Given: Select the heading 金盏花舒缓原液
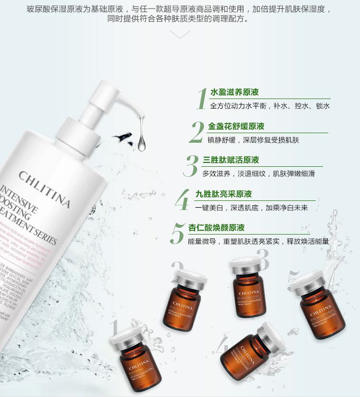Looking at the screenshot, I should (236, 126).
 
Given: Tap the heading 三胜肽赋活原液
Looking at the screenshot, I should (231, 160).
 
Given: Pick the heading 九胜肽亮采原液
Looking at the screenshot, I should (223, 194).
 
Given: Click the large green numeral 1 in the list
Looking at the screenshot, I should (201, 99).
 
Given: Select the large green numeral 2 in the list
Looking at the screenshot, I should (197, 133).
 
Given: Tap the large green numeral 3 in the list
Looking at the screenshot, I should (191, 166).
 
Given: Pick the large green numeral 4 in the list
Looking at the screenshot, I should (182, 200).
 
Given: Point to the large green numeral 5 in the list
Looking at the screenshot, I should (177, 234).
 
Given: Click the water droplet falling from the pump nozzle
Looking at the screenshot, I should (141, 142).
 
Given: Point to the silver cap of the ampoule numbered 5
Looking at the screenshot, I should (306, 280).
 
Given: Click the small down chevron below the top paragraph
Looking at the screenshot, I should (180, 35).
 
